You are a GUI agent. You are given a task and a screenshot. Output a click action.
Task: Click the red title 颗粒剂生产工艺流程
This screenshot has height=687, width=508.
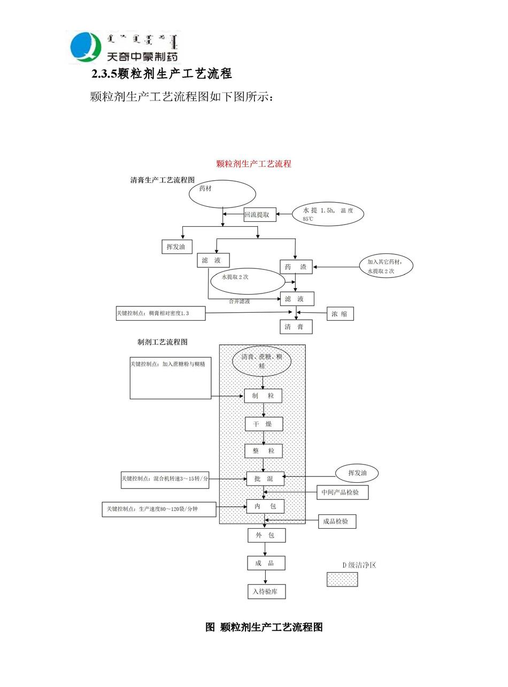pos(253,164)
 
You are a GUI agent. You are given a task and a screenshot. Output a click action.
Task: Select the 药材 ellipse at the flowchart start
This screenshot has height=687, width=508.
pos(222,194)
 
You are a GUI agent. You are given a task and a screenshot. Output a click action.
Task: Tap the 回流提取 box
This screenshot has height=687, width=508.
pos(260,215)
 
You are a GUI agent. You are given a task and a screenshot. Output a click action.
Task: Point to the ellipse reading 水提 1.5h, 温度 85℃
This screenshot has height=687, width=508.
pos(328,214)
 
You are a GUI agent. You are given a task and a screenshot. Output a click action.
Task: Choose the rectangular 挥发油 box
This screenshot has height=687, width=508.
pos(176,246)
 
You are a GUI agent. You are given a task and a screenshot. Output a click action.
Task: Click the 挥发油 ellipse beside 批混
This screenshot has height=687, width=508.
pos(357,473)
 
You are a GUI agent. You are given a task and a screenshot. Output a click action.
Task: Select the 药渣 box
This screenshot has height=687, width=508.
pos(296,267)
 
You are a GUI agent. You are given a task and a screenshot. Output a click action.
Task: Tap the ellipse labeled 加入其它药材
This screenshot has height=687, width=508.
pos(386,266)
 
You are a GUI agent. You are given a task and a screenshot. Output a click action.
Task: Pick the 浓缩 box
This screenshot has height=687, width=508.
pos(340,314)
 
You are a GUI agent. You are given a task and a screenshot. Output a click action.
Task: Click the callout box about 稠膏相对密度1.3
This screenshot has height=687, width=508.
pos(160,313)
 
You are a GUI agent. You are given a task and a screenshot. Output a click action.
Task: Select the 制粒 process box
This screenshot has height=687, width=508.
pos(263,396)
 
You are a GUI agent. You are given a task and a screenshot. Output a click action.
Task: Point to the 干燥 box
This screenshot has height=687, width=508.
pos(264,424)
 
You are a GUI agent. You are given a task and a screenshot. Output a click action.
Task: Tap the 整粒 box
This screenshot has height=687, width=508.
pos(264,451)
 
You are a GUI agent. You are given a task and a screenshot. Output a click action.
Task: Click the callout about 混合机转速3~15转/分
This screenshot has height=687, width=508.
pos(165,479)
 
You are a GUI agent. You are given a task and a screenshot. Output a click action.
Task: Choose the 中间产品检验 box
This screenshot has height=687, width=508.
pos(342,492)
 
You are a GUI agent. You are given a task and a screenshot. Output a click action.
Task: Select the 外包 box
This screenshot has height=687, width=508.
pos(266,535)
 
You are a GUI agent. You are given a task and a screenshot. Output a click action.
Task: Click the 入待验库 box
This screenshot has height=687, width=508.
pos(266,591)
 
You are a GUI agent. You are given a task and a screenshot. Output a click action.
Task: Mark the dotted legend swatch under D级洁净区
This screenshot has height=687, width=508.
pos(342,579)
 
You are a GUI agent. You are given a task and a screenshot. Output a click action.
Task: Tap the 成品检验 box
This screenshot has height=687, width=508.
pos(337,521)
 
